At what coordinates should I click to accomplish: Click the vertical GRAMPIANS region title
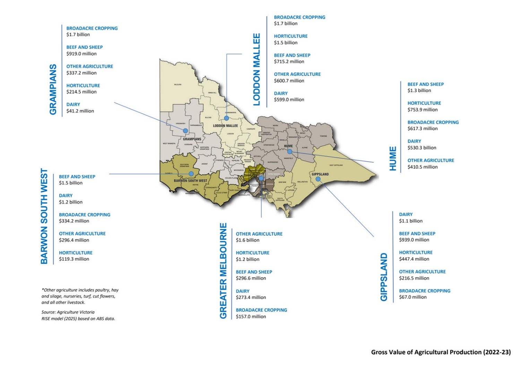pos(53,89)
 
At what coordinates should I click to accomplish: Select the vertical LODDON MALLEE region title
pos(257,70)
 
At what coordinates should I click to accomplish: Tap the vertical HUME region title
pos(393,158)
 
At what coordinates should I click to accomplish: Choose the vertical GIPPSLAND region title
pos(384,277)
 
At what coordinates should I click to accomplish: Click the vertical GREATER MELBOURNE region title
pos(223,270)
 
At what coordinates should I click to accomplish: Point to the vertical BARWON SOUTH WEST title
pos(44,216)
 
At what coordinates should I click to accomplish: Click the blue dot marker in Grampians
pos(186,131)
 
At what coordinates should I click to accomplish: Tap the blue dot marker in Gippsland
pos(318,179)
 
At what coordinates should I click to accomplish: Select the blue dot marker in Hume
pos(290,151)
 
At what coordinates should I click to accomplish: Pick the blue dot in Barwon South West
pos(191,173)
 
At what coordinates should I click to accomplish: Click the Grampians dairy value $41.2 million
pos(80,111)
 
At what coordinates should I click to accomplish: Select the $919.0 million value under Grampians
pos(81,54)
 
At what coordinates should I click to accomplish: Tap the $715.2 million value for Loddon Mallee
pos(289,62)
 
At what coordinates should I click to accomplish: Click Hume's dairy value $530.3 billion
pos(422,148)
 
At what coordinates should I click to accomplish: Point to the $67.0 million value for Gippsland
pos(413,297)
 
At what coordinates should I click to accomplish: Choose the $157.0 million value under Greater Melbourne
pos(251,317)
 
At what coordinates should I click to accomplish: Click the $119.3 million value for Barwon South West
pos(74,259)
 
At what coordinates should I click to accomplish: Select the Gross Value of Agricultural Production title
pos(441,352)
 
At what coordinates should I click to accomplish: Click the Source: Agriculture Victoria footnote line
pos(68,312)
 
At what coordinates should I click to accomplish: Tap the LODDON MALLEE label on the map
pos(225,126)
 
